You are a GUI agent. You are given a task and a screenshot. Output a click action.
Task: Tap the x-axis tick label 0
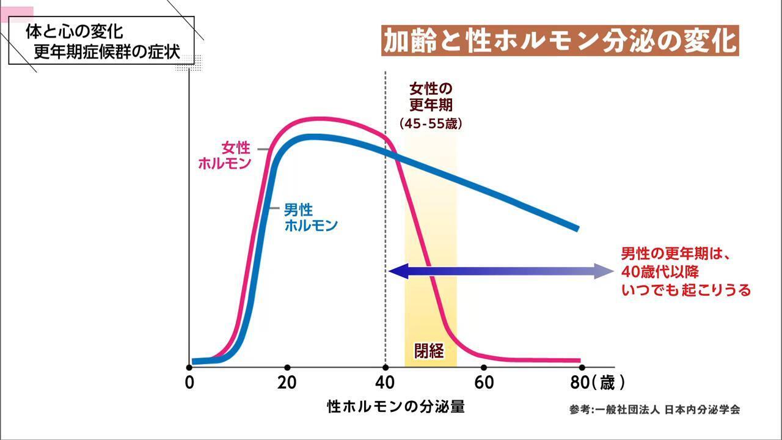[x=189, y=383]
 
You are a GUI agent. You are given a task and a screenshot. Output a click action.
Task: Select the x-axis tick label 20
[x=287, y=383]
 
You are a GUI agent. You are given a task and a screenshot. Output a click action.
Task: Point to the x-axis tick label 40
[x=385, y=383]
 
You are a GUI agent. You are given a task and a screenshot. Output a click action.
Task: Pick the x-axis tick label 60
[x=483, y=383]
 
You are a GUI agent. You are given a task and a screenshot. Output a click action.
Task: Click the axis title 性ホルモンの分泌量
[x=400, y=406]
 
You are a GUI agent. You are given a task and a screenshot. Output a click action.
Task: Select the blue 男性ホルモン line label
[x=311, y=218]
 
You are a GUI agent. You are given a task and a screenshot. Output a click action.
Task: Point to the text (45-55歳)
[x=431, y=123]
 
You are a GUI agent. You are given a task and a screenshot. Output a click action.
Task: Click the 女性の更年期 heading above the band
[x=431, y=96]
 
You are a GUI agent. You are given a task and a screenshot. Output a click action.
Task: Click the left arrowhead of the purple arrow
[x=394, y=271]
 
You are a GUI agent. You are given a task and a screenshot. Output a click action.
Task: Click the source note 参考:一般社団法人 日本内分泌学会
[x=654, y=409]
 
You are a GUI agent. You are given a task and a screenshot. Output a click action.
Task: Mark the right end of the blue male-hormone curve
[x=576, y=228]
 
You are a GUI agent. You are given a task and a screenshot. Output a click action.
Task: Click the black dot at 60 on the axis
[x=484, y=367]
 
